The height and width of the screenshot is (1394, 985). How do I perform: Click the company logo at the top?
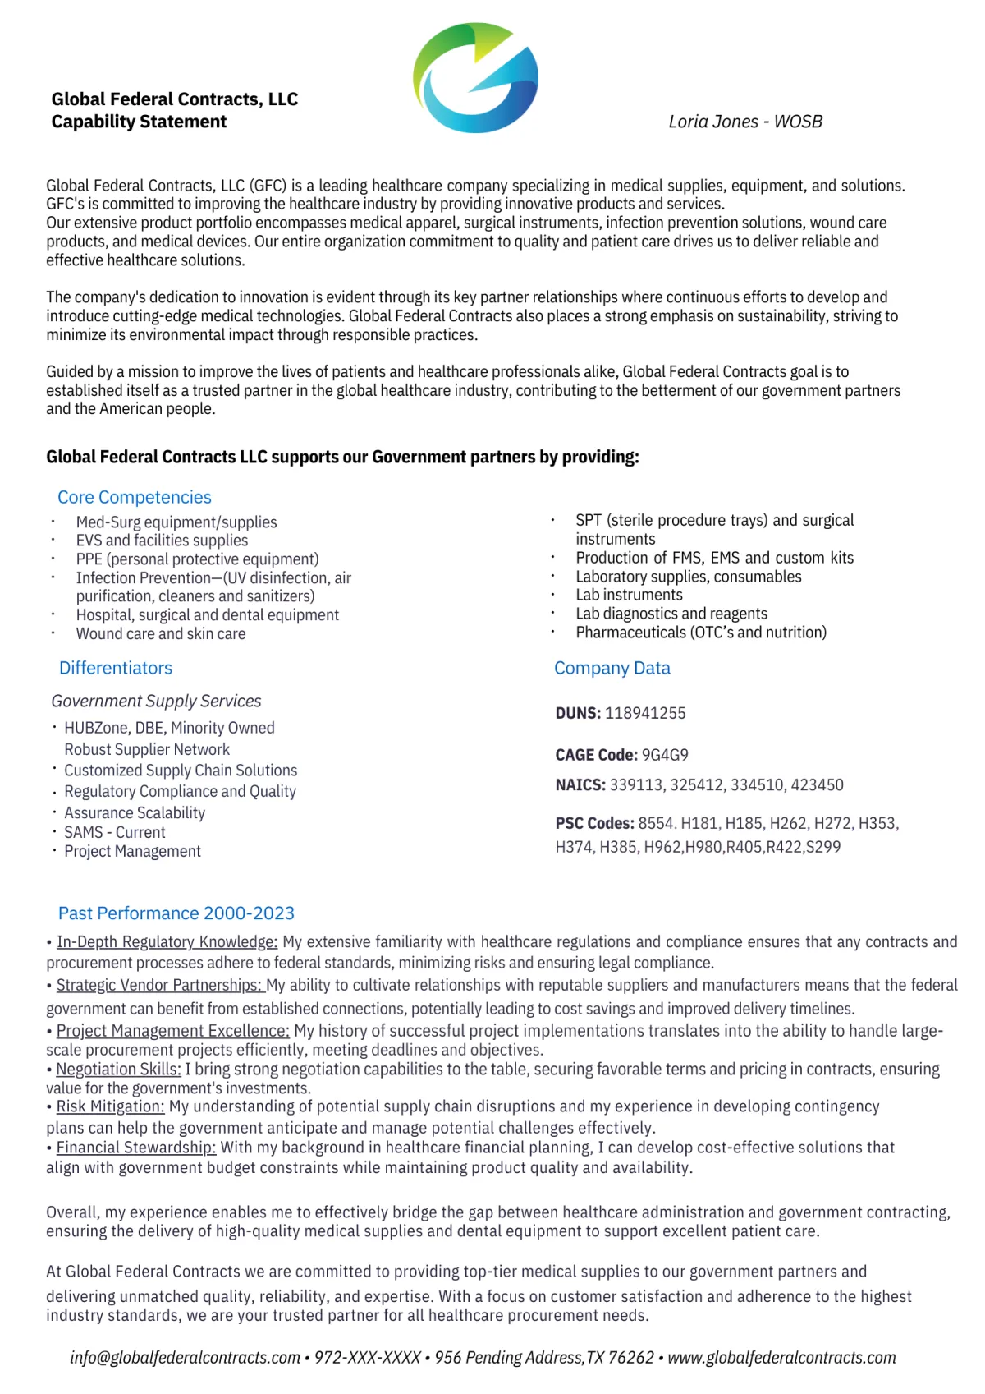click(x=475, y=78)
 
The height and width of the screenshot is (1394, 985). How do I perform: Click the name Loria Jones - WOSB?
click(x=745, y=122)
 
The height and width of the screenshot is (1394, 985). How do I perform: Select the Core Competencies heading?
click(x=135, y=497)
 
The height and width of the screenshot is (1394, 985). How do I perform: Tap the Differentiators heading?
click(x=116, y=668)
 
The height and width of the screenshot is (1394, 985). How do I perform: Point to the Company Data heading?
click(x=612, y=668)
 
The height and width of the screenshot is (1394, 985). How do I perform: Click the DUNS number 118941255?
click(x=645, y=713)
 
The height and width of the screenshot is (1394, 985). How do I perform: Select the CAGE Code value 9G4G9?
click(x=665, y=754)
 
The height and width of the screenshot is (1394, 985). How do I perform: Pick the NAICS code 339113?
click(x=636, y=784)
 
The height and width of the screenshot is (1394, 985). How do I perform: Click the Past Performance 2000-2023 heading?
click(x=176, y=913)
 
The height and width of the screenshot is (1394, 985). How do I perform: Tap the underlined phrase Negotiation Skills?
click(x=118, y=1069)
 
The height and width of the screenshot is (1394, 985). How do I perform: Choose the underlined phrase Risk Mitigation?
click(x=110, y=1106)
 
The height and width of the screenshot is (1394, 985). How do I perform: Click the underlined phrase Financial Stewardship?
click(x=136, y=1147)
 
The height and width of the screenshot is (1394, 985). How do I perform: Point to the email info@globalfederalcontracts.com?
click(x=185, y=1358)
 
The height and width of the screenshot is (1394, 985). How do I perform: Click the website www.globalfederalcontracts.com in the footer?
click(x=781, y=1358)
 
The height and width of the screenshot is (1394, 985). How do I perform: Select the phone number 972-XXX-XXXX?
click(x=368, y=1358)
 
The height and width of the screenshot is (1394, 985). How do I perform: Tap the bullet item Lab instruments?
click(x=629, y=595)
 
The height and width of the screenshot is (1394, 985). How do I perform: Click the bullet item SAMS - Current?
click(x=115, y=832)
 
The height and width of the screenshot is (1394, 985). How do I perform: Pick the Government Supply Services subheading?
click(x=156, y=701)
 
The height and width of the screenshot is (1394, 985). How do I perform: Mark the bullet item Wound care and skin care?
click(x=161, y=633)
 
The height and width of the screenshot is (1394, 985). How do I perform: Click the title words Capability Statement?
click(x=139, y=122)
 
